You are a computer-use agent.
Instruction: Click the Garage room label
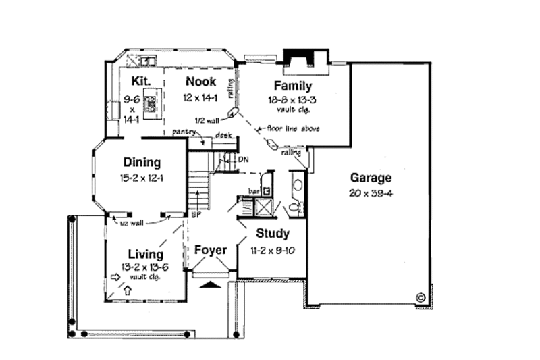click(x=371, y=178)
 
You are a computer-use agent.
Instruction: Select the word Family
click(x=292, y=86)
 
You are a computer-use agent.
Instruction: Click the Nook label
click(x=201, y=82)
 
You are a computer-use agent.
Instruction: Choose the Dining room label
click(x=142, y=162)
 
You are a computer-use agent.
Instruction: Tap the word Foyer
click(x=211, y=250)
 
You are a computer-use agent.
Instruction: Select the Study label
click(x=273, y=234)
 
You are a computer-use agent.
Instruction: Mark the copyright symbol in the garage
click(x=420, y=296)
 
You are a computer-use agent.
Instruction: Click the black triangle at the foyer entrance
click(x=211, y=284)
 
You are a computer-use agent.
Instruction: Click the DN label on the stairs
click(x=243, y=159)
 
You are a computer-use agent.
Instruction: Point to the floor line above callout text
click(x=295, y=128)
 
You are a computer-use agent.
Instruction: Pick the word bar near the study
click(x=254, y=191)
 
